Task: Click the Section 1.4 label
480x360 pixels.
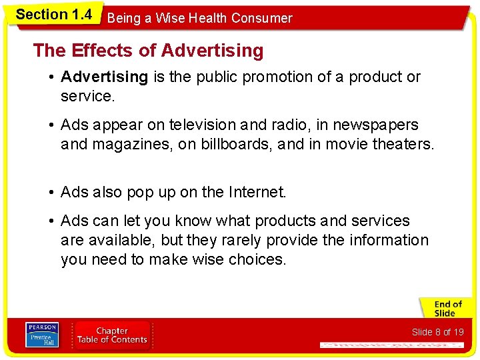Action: pyautogui.click(x=53, y=14)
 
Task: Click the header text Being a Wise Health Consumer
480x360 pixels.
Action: pyautogui.click(x=199, y=18)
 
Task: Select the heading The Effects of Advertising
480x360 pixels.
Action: pyautogui.click(x=148, y=51)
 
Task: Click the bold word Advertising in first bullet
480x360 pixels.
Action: pyautogui.click(x=104, y=77)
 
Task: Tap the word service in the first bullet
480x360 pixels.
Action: pyautogui.click(x=86, y=96)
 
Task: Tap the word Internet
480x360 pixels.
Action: pyautogui.click(x=256, y=193)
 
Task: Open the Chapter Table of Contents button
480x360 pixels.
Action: pyautogui.click(x=112, y=335)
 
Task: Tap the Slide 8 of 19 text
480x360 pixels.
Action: pyautogui.click(x=437, y=332)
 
